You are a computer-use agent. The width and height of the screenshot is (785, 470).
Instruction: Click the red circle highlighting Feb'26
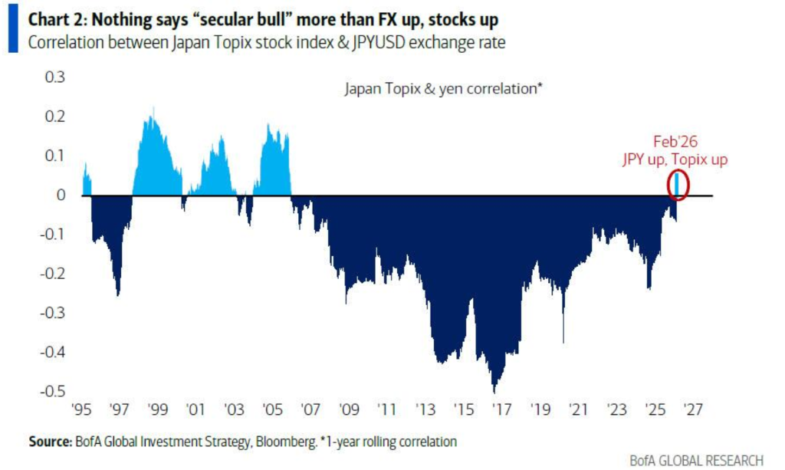(x=678, y=184)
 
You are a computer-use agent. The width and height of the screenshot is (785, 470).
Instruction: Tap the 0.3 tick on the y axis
(x=56, y=77)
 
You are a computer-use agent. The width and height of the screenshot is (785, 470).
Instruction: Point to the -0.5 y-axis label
(x=53, y=391)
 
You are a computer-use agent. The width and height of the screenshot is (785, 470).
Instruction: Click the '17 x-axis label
(x=503, y=408)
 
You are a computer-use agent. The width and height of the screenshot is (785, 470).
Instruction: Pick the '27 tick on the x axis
(x=693, y=408)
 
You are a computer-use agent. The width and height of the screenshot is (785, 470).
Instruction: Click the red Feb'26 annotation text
(x=675, y=142)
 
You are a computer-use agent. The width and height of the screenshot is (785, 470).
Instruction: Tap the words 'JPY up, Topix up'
(x=675, y=159)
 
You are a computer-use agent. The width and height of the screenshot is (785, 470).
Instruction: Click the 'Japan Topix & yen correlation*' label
(x=444, y=89)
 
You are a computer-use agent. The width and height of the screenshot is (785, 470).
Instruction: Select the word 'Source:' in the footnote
(x=50, y=442)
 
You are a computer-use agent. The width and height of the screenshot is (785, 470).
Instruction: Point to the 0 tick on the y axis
(x=61, y=196)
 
